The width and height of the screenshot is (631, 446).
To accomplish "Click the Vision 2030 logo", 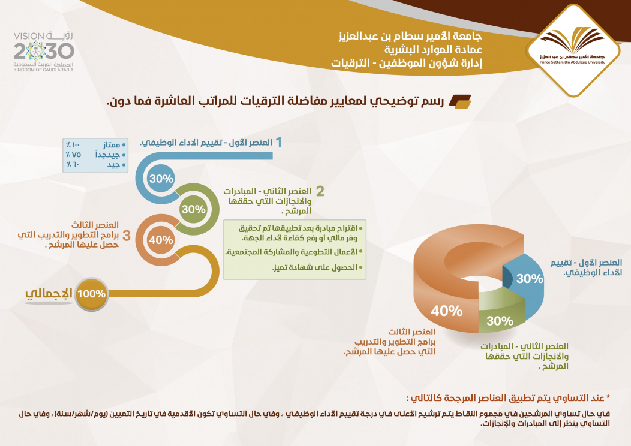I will coord(43,52).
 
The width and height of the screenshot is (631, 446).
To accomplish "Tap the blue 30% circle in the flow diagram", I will coord(161,179).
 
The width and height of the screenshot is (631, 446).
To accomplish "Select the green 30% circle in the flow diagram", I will coord(193,209).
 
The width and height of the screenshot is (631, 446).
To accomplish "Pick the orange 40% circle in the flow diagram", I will coord(160,240).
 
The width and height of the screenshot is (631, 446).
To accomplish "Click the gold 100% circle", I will coord(91,294).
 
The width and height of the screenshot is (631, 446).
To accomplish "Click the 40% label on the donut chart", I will coord(447,311).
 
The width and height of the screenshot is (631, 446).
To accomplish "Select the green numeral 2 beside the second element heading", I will coord(320,191).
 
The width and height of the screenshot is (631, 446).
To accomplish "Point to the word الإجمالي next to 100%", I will coord(49,294).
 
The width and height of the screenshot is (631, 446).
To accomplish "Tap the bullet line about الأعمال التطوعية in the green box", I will coord(296,252).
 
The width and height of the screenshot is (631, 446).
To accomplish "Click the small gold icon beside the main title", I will coord(459,102).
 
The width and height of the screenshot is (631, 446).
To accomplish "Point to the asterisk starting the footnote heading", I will coord(608,397).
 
